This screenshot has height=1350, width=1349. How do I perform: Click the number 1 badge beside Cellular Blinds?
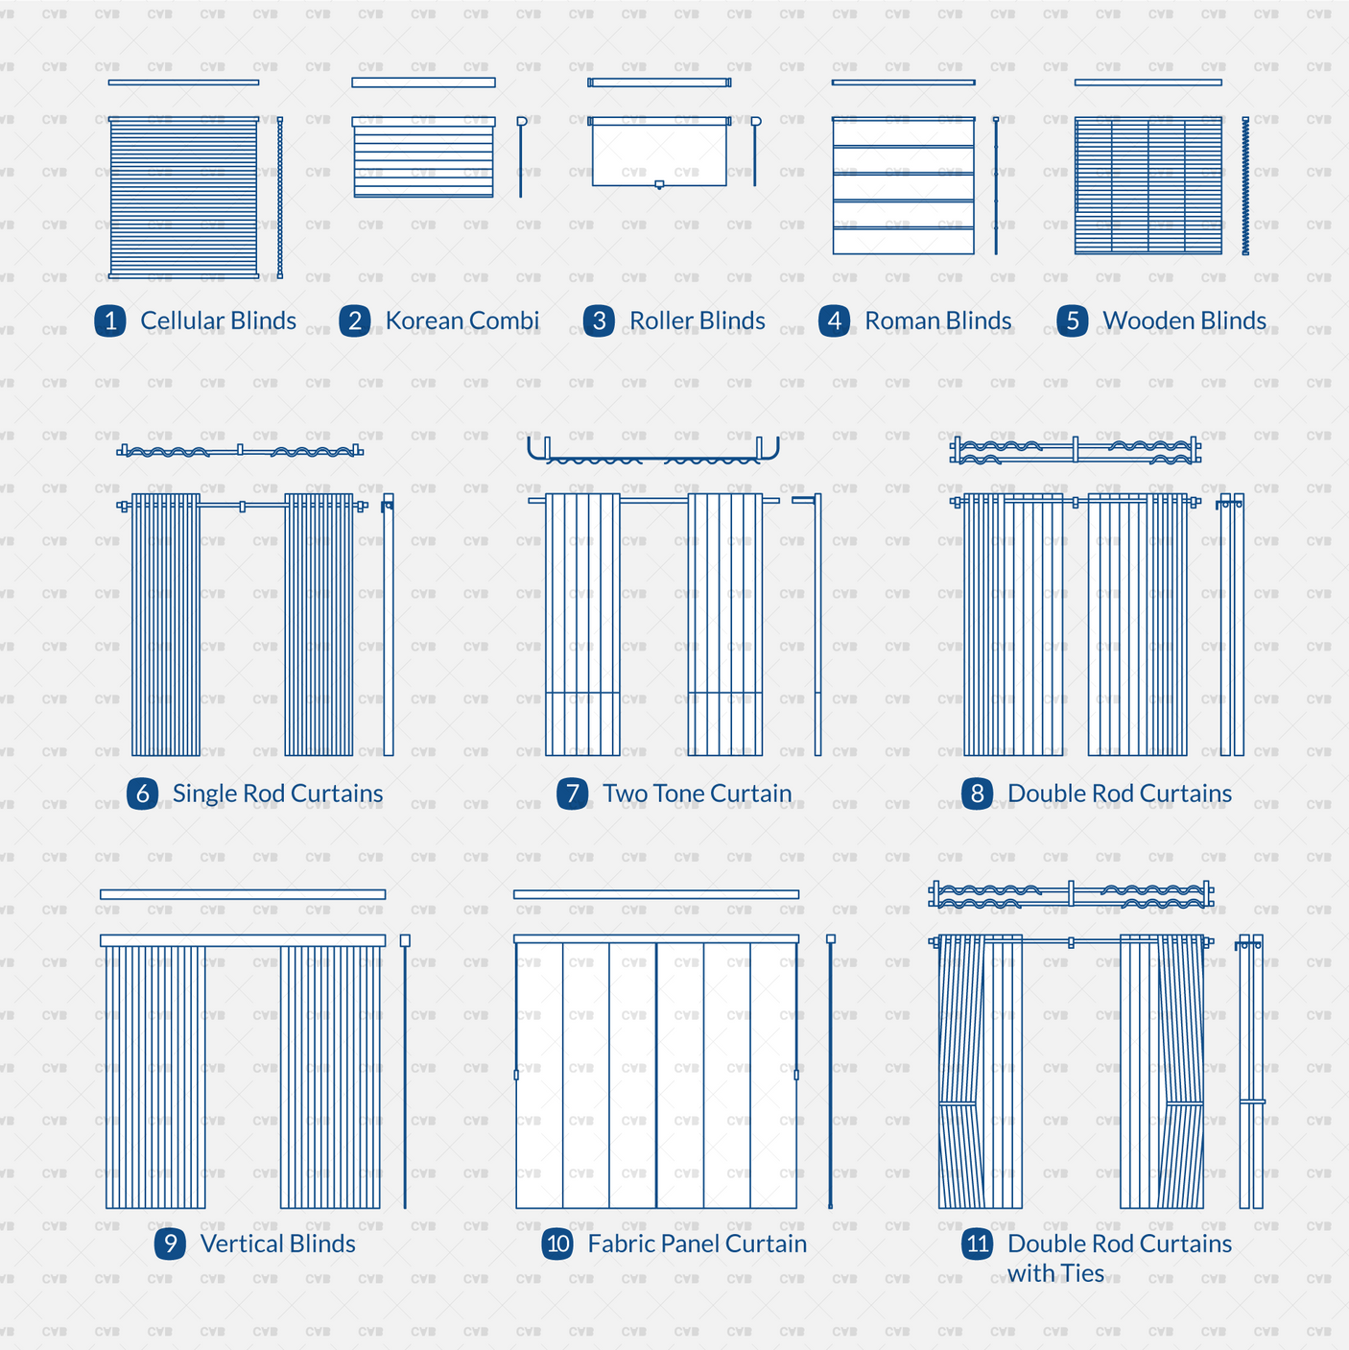click(110, 320)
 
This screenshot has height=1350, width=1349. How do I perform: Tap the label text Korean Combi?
click(461, 320)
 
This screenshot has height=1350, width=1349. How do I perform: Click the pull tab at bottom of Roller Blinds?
click(659, 185)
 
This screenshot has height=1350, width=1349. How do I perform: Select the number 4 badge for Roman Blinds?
click(834, 320)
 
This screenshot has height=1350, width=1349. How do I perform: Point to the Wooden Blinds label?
click(1184, 320)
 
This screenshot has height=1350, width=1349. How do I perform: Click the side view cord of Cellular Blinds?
click(280, 197)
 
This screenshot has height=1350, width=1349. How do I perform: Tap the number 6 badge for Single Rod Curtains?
click(142, 793)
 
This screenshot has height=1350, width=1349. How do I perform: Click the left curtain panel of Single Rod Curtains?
click(166, 624)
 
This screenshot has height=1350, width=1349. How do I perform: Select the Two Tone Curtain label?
click(697, 793)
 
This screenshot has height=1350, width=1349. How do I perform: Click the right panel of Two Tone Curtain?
click(725, 624)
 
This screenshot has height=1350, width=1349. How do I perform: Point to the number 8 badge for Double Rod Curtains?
click(977, 793)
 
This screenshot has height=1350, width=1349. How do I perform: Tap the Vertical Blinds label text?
click(277, 1243)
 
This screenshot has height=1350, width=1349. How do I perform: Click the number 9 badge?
click(170, 1243)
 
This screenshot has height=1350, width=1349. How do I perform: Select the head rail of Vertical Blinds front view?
click(243, 940)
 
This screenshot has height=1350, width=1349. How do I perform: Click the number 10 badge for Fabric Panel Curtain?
click(557, 1244)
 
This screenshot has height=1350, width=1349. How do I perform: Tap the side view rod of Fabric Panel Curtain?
click(830, 1075)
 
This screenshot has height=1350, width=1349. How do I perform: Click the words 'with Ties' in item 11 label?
click(1055, 1273)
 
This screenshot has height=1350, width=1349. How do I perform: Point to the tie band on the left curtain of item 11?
click(958, 1104)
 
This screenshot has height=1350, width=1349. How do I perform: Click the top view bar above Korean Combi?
click(423, 83)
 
